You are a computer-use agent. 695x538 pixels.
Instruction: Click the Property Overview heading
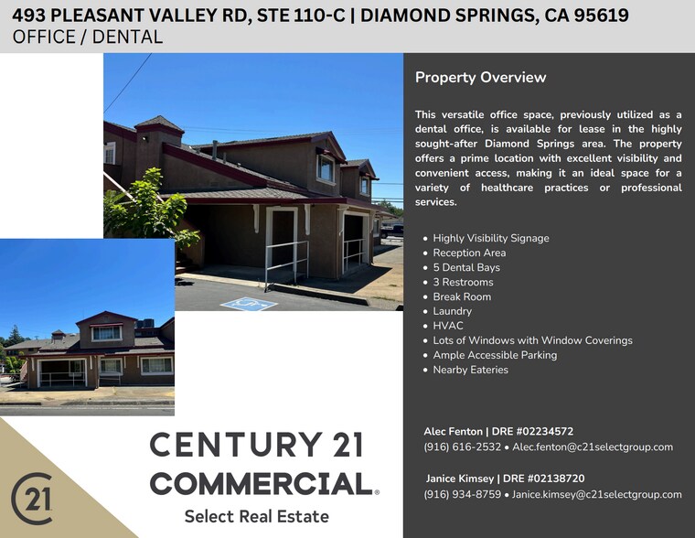[480, 78]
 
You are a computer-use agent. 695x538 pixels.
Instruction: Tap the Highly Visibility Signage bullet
[491, 238]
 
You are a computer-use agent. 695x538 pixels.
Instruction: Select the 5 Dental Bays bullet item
[466, 267]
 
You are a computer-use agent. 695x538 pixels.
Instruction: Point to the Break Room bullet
[462, 296]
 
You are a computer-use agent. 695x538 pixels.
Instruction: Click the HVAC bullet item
[448, 326]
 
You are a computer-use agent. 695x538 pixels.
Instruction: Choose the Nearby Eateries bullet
[470, 370]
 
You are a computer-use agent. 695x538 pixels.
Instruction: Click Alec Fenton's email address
[593, 447]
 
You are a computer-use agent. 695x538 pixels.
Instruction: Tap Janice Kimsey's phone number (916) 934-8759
[462, 494]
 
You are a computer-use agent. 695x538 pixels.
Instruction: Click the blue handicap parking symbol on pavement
[249, 303]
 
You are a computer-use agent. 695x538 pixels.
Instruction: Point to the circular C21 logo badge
[32, 499]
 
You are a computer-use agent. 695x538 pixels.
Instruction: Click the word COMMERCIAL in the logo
[260, 483]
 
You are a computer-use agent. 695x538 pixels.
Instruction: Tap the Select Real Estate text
[256, 517]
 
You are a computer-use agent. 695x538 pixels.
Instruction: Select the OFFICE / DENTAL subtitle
[88, 38]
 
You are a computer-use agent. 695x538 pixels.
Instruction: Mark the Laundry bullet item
[452, 311]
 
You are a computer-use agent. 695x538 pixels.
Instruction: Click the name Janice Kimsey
[460, 479]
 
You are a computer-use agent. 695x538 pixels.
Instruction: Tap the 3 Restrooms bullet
[464, 282]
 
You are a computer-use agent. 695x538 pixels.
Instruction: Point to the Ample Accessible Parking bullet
[495, 355]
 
